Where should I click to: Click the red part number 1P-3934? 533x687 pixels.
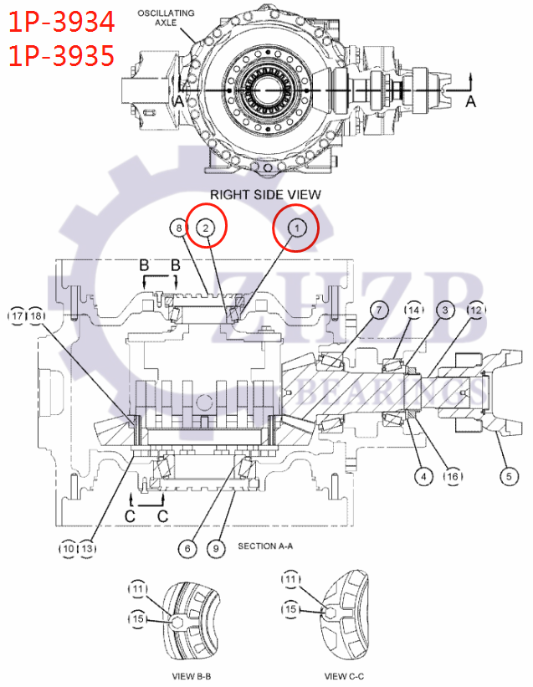coord(60,22)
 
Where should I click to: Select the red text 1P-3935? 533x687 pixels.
coord(60,55)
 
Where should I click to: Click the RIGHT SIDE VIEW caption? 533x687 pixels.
coord(264,194)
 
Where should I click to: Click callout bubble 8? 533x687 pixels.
coord(177,227)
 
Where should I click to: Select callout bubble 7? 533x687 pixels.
coord(378,310)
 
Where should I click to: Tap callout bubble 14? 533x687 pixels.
coord(413,310)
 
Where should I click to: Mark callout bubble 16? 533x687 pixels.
coord(453,476)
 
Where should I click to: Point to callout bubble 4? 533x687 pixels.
coord(423,476)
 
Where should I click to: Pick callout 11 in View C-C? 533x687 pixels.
coord(290,579)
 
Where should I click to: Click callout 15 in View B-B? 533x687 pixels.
coord(137,619)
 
